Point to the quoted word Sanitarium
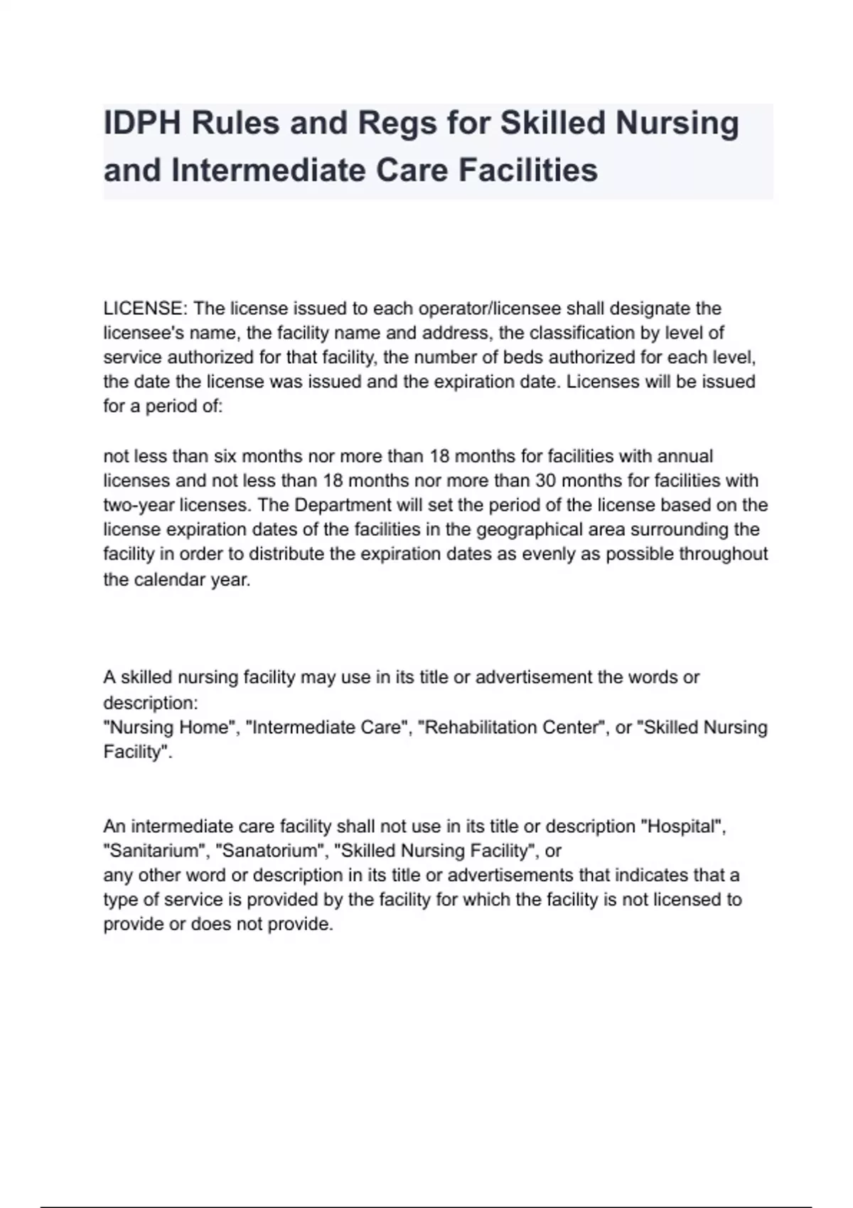click(x=156, y=851)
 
